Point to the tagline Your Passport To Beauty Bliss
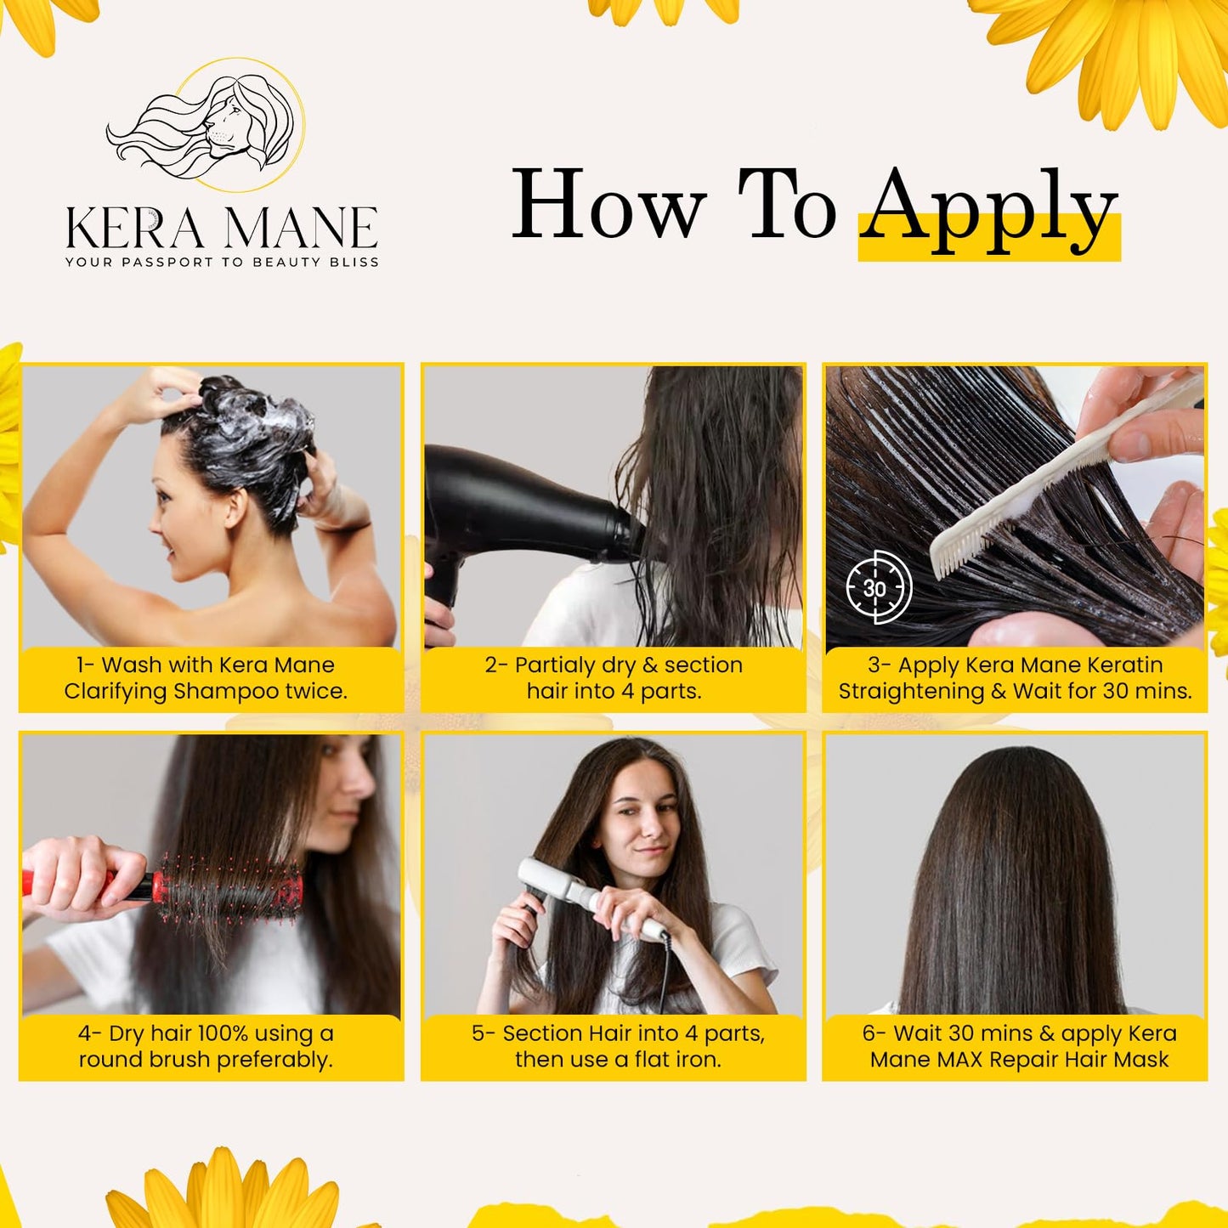coord(222,262)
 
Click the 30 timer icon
coord(878,587)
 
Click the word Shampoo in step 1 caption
coord(226,691)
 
